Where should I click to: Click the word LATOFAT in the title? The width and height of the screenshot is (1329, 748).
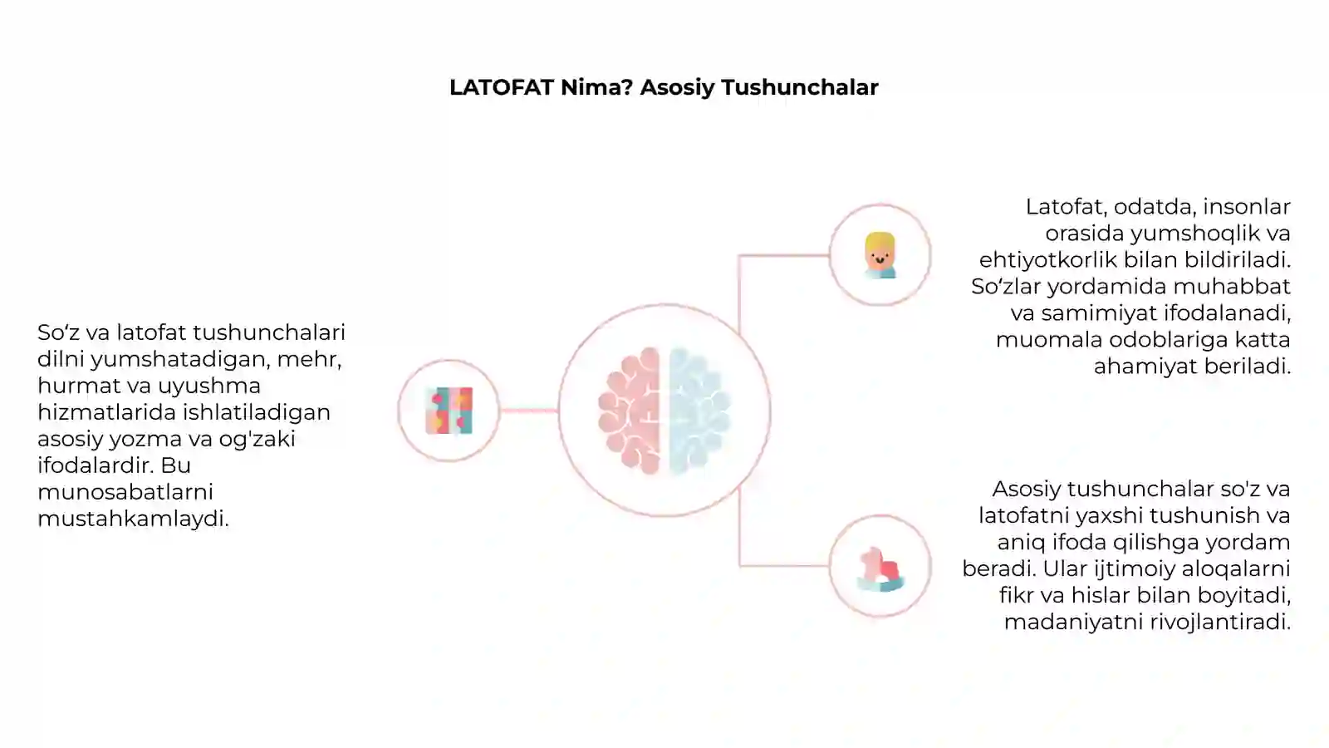pyautogui.click(x=502, y=87)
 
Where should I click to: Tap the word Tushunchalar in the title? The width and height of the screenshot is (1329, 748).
pyautogui.click(x=799, y=87)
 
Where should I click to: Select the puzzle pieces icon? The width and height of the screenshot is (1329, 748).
pyautogui.click(x=449, y=411)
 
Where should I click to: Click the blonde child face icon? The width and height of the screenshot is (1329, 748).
pyautogui.click(x=880, y=255)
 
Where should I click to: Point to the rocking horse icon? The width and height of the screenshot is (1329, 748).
pyautogui.click(x=880, y=569)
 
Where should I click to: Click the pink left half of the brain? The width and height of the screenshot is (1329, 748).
pyautogui.click(x=630, y=411)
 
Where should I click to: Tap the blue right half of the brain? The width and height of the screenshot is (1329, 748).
pyautogui.click(x=699, y=411)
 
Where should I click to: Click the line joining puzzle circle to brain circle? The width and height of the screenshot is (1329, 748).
pyautogui.click(x=528, y=411)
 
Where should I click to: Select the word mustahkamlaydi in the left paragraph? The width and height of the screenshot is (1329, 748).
pyautogui.click(x=133, y=519)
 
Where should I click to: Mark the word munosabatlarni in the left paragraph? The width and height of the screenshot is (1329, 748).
pyautogui.click(x=125, y=492)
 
